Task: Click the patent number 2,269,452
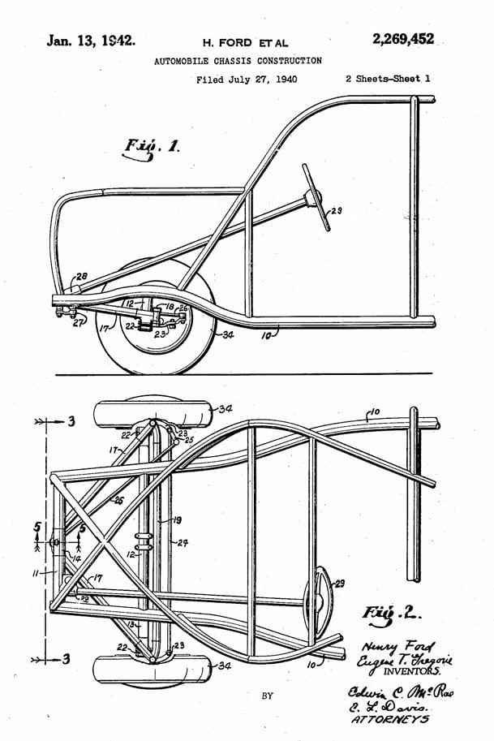(403, 39)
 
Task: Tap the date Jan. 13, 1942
(90, 40)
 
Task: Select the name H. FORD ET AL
(245, 42)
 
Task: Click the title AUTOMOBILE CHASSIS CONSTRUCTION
(238, 61)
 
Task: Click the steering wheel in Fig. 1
(314, 196)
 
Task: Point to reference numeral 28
(83, 277)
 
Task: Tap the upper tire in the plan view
(150, 413)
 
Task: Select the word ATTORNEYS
(392, 719)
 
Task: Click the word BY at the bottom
(268, 696)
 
